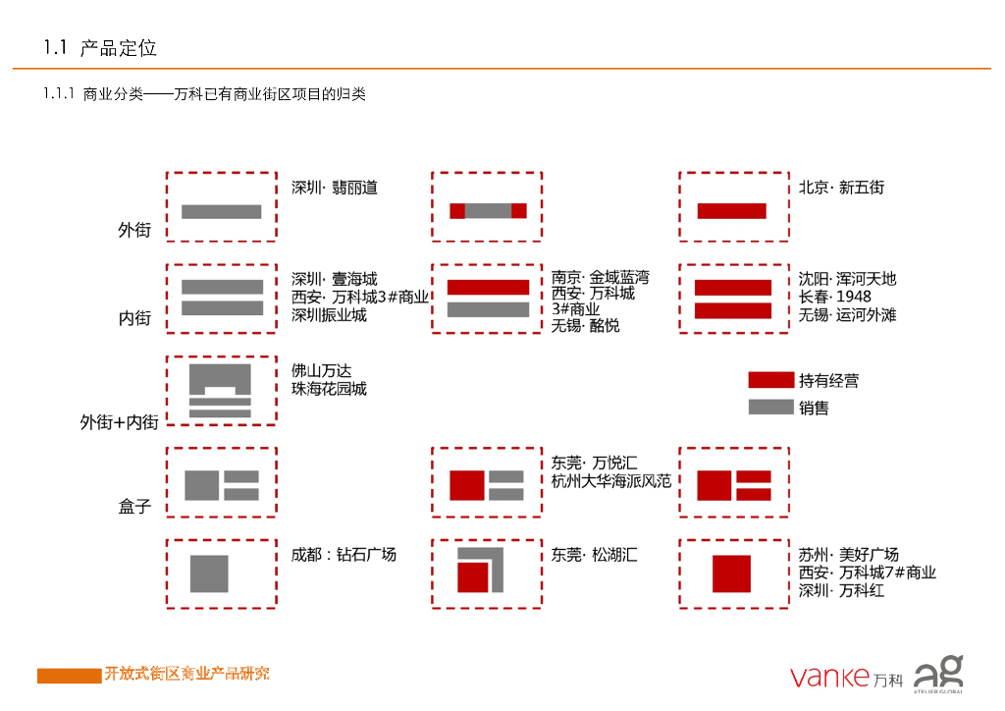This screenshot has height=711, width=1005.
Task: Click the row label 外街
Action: tap(134, 231)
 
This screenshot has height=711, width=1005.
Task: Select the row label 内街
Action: tap(134, 319)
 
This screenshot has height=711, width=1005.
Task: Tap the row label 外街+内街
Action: tap(119, 422)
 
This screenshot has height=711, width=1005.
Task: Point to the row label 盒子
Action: tap(134, 508)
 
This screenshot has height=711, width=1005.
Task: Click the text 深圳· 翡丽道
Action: tap(335, 188)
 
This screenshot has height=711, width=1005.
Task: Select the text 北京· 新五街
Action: tap(841, 187)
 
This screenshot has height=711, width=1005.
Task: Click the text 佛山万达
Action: tap(321, 371)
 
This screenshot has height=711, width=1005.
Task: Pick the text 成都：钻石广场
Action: tap(344, 555)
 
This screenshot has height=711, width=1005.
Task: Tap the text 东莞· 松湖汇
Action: tap(594, 555)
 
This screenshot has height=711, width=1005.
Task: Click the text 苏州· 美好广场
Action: tap(848, 555)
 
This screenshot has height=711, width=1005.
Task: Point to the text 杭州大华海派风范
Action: tap(610, 481)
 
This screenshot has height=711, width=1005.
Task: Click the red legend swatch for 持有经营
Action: tap(770, 380)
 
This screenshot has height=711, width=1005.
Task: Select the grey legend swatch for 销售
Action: tap(770, 407)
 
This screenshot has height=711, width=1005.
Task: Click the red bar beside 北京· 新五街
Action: tap(731, 211)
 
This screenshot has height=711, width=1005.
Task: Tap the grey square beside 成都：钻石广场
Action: tap(209, 574)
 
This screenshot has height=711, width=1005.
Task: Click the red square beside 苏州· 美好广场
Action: tap(731, 574)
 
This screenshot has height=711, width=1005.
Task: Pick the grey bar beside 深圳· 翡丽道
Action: tap(222, 211)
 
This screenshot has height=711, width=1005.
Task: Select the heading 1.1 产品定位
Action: tap(100, 48)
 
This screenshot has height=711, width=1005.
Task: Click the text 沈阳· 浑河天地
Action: tap(847, 279)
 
